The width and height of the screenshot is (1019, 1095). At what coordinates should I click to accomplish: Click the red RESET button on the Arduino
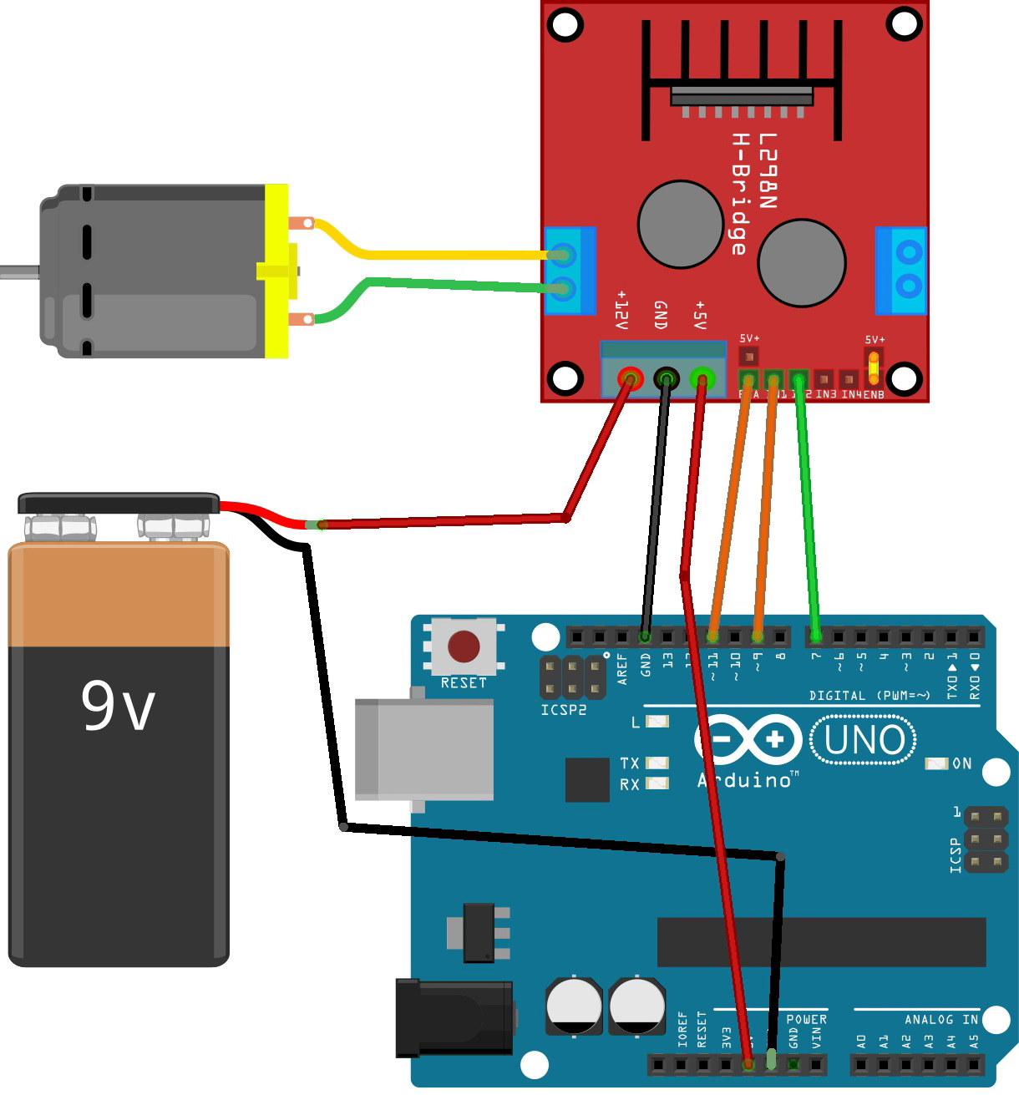coord(464,646)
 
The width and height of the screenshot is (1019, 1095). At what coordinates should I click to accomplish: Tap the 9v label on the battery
coord(118,707)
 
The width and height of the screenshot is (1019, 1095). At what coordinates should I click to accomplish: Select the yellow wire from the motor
coord(434,254)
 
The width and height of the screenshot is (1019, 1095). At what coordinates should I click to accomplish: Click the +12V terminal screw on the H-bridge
coord(628,380)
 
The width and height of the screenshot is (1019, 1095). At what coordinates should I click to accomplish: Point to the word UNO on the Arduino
coord(864,740)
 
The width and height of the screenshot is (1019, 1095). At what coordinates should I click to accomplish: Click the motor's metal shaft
coord(19,271)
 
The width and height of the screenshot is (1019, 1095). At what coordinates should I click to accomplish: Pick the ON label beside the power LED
coord(962,763)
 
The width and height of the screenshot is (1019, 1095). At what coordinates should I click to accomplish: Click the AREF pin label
coord(622,670)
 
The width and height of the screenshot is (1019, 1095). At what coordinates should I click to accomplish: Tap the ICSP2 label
coord(564,710)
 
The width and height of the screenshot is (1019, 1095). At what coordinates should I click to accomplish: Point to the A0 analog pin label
coord(861,1042)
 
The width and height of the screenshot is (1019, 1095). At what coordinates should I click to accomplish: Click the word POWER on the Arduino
coord(806,1019)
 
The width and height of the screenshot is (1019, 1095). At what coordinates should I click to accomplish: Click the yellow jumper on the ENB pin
coord(874,365)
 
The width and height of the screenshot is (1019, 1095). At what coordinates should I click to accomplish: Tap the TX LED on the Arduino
coord(657,763)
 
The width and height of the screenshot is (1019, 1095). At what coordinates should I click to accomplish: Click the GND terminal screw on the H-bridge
coord(666,380)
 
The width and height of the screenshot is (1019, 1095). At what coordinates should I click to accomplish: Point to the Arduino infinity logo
coord(748,740)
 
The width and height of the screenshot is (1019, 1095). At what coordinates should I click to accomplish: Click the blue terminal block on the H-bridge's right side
coord(900,270)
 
